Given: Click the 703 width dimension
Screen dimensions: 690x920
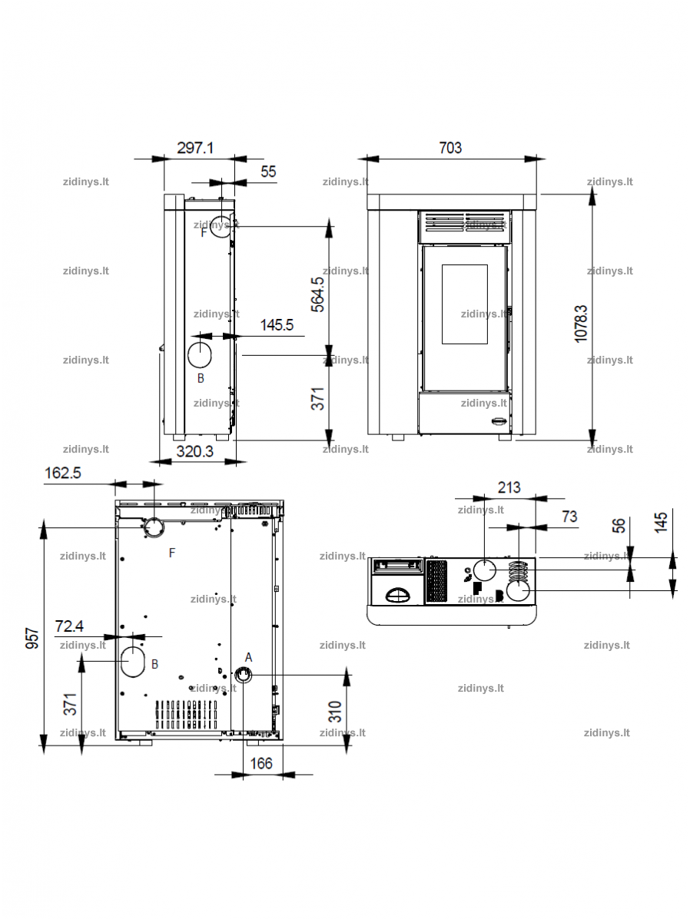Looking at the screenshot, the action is click(x=450, y=148).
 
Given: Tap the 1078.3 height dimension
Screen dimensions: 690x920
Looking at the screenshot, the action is click(x=581, y=324).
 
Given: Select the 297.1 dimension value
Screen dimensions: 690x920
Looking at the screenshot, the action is click(x=195, y=148).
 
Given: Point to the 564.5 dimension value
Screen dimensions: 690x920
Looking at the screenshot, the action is click(x=317, y=294).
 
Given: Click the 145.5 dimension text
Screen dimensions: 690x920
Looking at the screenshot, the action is click(x=277, y=325).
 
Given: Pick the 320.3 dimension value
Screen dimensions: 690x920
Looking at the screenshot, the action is click(x=195, y=451).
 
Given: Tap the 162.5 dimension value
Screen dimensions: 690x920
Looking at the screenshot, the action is click(x=63, y=473).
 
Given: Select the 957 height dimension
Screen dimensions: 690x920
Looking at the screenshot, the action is click(x=32, y=638).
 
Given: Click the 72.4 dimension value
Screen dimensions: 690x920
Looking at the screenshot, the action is click(x=69, y=626).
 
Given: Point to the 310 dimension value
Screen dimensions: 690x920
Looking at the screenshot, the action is click(x=335, y=712).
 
